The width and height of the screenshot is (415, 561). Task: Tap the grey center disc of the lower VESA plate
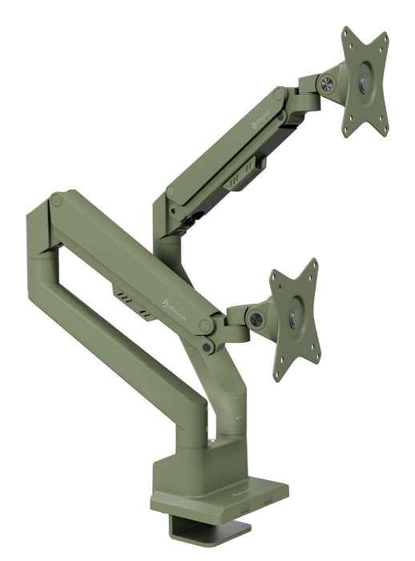294,314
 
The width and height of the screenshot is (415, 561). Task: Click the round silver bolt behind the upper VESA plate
327,83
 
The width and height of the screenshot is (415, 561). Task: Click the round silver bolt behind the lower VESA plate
256,319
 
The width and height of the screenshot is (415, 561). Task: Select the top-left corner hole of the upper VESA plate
348,35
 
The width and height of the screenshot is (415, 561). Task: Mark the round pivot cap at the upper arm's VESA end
278,95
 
